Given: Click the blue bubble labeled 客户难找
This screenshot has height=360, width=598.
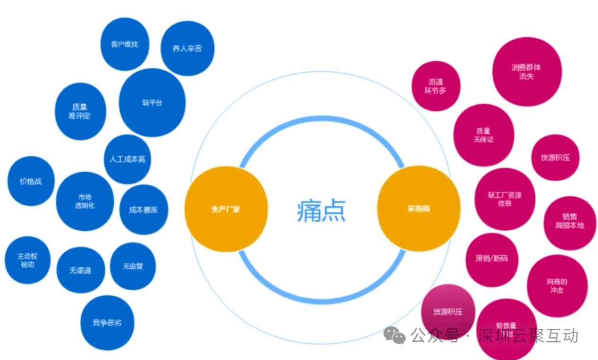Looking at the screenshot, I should click(x=125, y=44).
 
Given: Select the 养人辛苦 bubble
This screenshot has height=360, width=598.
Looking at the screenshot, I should click(x=187, y=48).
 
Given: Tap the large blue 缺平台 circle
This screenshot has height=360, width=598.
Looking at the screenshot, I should click(x=152, y=102).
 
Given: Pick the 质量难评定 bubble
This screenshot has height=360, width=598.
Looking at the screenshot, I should click(x=80, y=111).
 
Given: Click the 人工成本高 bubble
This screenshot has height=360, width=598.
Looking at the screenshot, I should click(x=127, y=159).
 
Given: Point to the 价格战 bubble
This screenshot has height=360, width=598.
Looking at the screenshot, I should click(x=31, y=181).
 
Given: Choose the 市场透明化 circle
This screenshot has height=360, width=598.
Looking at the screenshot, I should click(x=85, y=201).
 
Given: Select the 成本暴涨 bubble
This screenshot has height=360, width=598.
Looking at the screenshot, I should click(x=143, y=209).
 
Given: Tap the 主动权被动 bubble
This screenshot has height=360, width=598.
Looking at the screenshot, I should click(x=27, y=260).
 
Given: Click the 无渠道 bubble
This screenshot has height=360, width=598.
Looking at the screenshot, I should click(x=80, y=270).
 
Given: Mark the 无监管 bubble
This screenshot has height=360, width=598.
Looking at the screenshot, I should click(x=133, y=266).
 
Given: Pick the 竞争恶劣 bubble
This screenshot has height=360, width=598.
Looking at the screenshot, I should click(x=107, y=323).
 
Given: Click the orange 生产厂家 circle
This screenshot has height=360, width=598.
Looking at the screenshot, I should click(x=226, y=209).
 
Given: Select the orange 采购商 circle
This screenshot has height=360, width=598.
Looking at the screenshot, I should click(x=419, y=209).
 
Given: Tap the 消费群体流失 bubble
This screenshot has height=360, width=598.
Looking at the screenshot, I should click(x=527, y=72).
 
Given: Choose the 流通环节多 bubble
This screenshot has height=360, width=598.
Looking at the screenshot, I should click(x=436, y=86).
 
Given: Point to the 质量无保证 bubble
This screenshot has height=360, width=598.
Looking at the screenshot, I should click(x=483, y=135).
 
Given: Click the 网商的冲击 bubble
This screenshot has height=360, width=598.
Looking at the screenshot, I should click(x=557, y=286).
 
